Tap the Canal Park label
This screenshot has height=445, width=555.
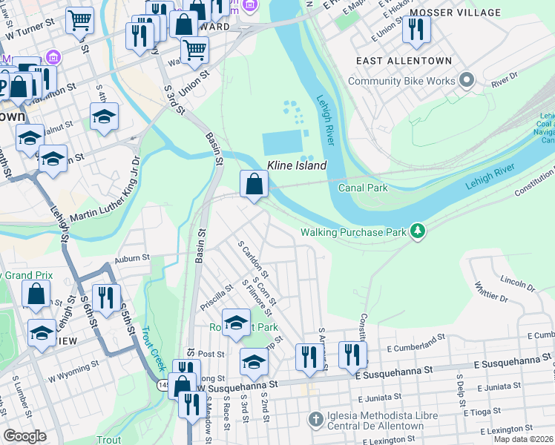[x=363, y=188]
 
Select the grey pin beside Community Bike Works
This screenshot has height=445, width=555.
[x=467, y=80]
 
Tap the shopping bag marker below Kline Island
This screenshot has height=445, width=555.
[x=254, y=183]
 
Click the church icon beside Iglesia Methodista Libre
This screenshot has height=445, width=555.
[x=316, y=419]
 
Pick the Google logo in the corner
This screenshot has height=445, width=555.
[x=24, y=436]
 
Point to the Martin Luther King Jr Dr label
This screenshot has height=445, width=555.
[x=104, y=191]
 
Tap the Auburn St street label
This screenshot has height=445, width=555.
[x=131, y=260]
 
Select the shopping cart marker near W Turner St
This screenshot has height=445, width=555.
[x=79, y=21]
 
